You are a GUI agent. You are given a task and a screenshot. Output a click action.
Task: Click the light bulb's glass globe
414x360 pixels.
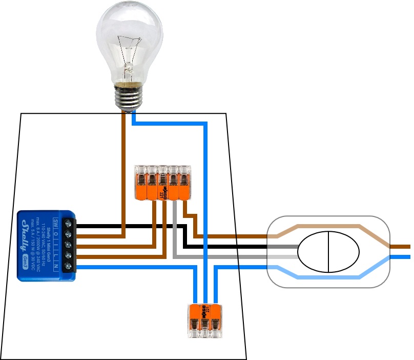[130, 41]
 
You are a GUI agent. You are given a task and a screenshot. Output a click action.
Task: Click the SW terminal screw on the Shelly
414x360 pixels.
[68, 224]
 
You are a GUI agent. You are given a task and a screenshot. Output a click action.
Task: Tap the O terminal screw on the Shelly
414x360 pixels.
[68, 234]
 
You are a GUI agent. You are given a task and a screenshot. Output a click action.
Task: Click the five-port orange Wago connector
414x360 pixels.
[162, 182]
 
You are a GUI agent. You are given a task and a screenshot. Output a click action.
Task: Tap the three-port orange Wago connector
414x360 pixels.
[205, 321]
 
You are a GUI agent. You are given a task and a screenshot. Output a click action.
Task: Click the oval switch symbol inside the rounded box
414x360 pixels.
[328, 251]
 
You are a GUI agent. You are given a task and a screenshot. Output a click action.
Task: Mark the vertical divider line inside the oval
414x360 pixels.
[328, 251]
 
